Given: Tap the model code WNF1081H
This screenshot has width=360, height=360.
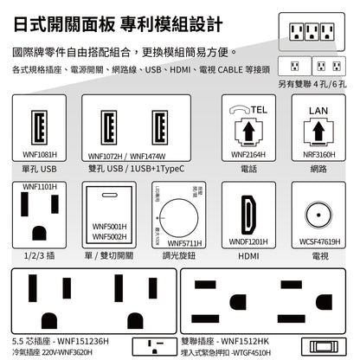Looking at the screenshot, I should [40, 155].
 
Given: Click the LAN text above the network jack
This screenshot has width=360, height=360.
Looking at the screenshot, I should [320, 111].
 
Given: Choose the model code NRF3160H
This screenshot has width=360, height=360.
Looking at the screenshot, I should [320, 155].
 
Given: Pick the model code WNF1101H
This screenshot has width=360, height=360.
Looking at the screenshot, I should [40, 186].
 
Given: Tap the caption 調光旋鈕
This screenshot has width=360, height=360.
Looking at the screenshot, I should [178, 257].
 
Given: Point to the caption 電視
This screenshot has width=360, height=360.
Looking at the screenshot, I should [320, 257].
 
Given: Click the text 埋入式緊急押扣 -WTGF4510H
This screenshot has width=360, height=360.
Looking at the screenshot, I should [235, 352].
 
